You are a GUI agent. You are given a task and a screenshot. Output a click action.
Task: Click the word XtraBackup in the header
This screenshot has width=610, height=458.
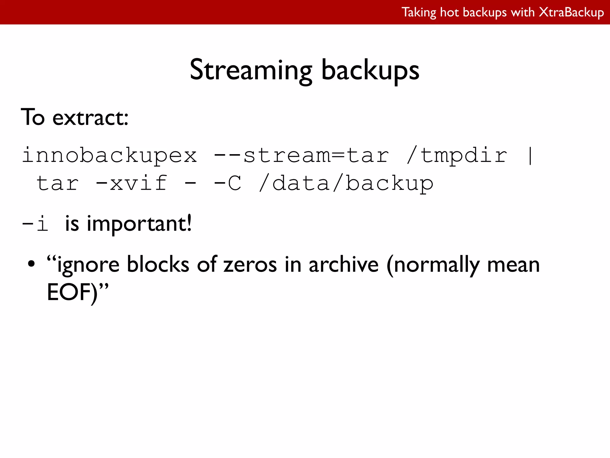point(572,13)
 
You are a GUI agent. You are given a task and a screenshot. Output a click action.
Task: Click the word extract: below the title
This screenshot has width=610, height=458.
point(90,117)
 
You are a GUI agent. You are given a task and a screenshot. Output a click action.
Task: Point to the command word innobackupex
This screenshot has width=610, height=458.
point(110,156)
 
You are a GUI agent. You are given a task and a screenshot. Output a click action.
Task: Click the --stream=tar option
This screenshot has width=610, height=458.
point(301,156)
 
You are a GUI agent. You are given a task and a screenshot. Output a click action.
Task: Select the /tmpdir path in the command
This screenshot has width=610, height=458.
point(457,156)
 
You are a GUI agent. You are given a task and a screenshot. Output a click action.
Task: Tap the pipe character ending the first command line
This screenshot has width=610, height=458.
point(530,156)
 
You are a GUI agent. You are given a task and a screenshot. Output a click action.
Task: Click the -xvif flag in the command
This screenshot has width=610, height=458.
point(131,183)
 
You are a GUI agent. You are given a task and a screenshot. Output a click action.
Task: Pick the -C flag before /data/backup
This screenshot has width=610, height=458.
point(227,183)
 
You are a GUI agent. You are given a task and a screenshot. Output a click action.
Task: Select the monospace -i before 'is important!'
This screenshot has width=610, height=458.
point(35,224)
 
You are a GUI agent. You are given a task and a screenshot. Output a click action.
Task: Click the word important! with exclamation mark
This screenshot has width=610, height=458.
point(139,224)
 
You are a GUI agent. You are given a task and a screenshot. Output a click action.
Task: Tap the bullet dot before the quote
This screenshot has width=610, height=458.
point(31,264)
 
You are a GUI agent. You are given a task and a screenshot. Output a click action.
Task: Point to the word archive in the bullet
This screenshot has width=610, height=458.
point(343,265)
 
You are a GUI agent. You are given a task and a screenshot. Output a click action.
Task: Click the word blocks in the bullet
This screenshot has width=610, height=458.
point(158,265)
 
